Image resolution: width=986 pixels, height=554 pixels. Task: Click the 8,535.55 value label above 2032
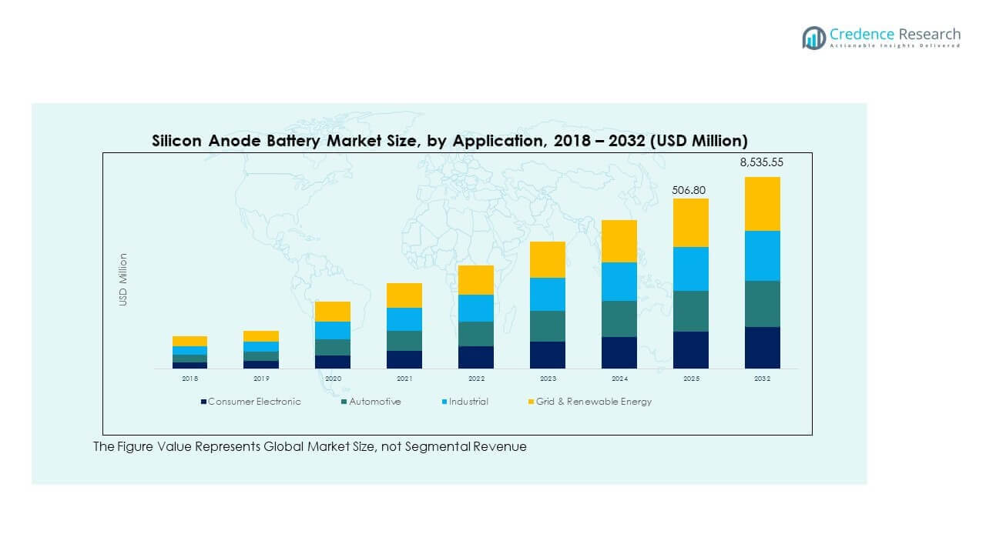pyautogui.click(x=762, y=162)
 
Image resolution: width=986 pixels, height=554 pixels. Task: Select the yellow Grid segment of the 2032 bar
pyautogui.click(x=762, y=204)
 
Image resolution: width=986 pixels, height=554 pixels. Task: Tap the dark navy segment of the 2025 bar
pyautogui.click(x=691, y=350)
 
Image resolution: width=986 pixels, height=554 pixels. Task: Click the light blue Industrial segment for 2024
pyautogui.click(x=619, y=282)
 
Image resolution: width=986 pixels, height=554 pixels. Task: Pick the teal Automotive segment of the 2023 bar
pyautogui.click(x=548, y=326)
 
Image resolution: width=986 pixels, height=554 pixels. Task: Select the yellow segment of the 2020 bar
pyautogui.click(x=333, y=312)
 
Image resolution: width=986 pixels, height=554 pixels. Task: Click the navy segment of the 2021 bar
pyautogui.click(x=404, y=359)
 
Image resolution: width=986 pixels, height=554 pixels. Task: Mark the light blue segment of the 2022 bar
pyautogui.click(x=476, y=308)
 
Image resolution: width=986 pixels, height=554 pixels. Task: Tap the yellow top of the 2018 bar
pyautogui.click(x=189, y=341)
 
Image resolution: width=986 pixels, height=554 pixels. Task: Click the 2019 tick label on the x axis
pyautogui.click(x=261, y=379)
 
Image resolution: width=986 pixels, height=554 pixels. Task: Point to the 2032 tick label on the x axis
pyautogui.click(x=762, y=379)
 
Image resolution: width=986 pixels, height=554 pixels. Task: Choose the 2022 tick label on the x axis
pyautogui.click(x=476, y=379)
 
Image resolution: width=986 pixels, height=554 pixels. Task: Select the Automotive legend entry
pyautogui.click(x=374, y=402)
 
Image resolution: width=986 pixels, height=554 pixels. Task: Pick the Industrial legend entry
pyautogui.click(x=468, y=402)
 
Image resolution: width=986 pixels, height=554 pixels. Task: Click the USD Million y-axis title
pyautogui.click(x=123, y=280)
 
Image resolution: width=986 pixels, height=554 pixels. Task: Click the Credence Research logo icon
pyautogui.click(x=813, y=38)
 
